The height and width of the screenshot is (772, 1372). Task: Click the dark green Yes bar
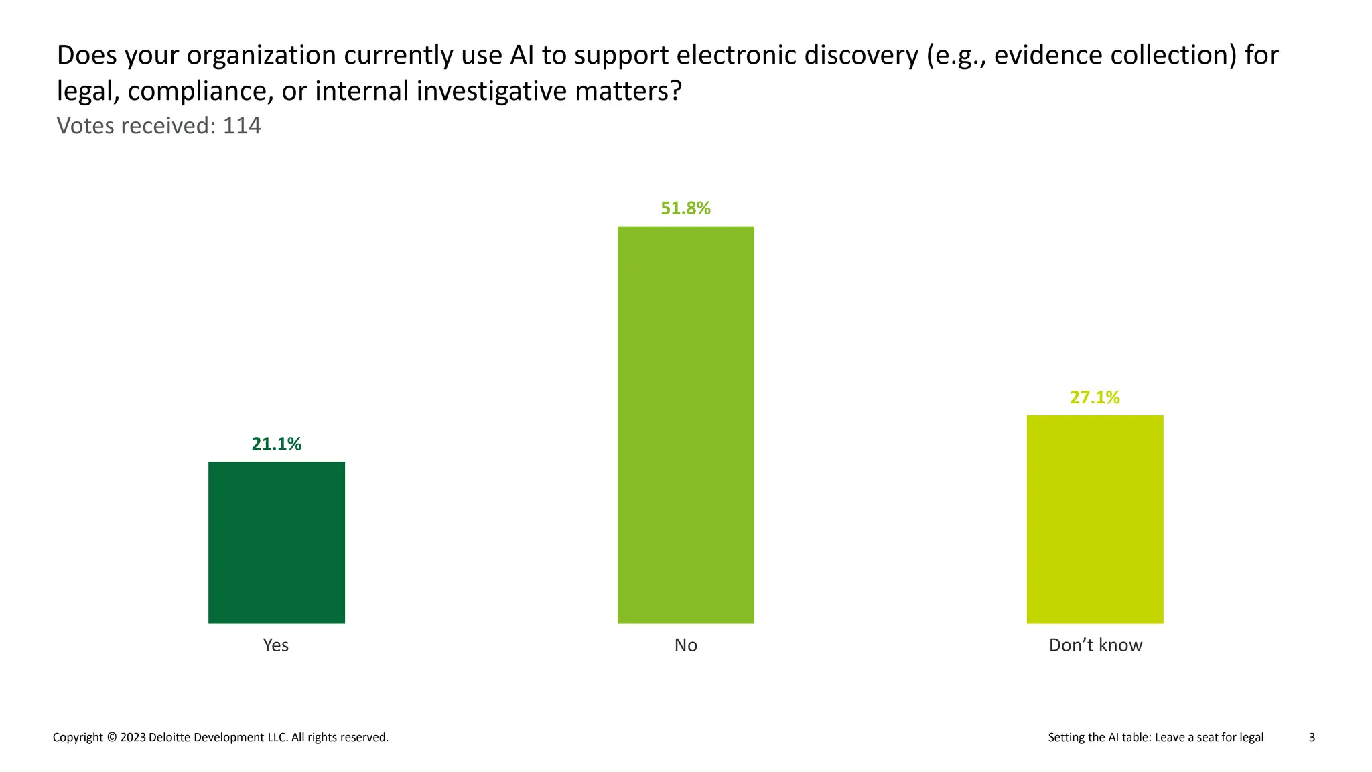276,542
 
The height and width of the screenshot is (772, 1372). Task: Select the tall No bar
685,424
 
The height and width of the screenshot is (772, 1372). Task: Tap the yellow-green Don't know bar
1095,519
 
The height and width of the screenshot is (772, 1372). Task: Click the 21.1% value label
276,444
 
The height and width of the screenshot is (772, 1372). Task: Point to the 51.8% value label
685,208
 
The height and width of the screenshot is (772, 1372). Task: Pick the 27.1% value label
1095,397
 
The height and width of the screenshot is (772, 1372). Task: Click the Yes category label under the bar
275,645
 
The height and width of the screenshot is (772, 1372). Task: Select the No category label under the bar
685,645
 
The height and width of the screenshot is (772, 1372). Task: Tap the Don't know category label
1095,645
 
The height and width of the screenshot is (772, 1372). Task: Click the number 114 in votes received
241,126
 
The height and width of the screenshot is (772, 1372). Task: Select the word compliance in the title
200,91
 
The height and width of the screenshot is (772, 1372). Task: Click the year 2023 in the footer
133,737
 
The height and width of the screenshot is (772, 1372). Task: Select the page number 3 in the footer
1312,737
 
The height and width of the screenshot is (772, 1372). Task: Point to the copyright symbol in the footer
111,737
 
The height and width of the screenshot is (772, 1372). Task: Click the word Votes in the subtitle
85,126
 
